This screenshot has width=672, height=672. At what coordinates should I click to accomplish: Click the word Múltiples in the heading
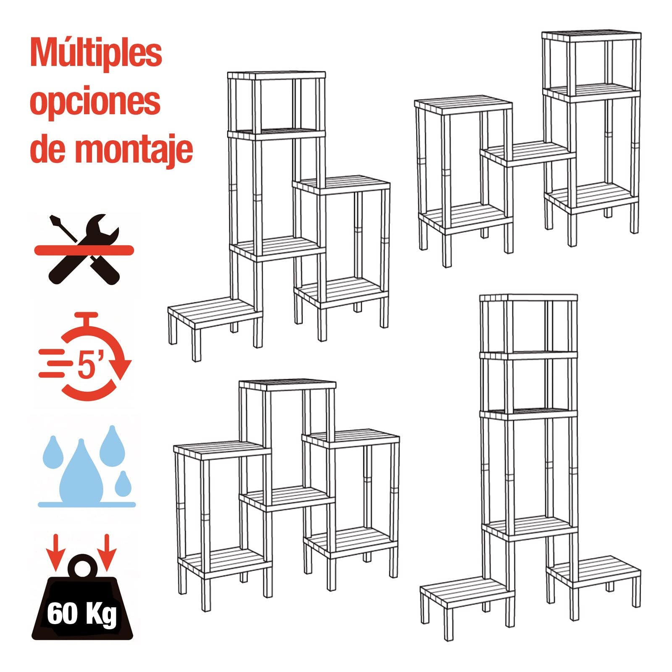pos(96,53)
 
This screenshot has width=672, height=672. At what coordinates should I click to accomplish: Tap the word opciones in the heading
pos(95,102)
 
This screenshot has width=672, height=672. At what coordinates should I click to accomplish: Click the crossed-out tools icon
pos(84,249)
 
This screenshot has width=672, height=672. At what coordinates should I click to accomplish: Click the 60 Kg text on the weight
pos(82,614)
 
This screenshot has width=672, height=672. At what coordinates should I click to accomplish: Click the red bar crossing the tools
pos(84,251)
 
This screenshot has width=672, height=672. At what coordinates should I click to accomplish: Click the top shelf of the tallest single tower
pos(528,298)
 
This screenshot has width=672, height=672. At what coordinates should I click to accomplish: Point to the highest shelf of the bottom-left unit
pos(287,384)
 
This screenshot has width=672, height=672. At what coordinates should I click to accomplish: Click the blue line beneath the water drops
pos(87,504)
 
